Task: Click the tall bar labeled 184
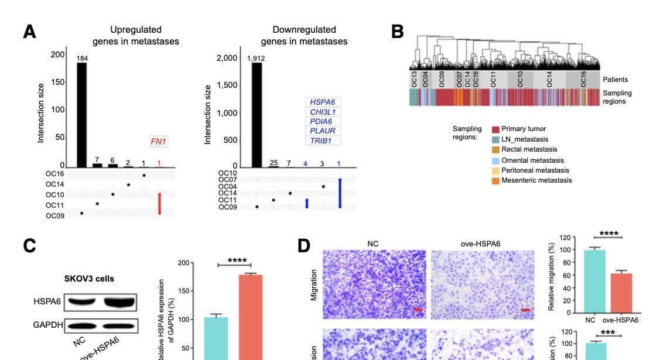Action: pyautogui.click(x=81, y=114)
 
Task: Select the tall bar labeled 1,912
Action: pyautogui.click(x=257, y=114)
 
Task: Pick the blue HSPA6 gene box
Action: pyautogui.click(x=322, y=102)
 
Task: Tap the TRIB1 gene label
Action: pyautogui.click(x=322, y=140)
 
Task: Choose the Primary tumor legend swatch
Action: pyautogui.click(x=495, y=129)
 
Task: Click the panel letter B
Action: pyautogui.click(x=397, y=31)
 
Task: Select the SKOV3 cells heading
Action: pyautogui.click(x=89, y=279)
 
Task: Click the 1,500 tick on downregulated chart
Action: pyautogui.click(x=226, y=85)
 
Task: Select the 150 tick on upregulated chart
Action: pyautogui.click(x=57, y=82)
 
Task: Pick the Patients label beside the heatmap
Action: pyautogui.click(x=615, y=80)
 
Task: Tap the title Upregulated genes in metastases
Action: pyautogui.click(x=136, y=35)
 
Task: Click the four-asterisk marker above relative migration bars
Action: pyautogui.click(x=608, y=234)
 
